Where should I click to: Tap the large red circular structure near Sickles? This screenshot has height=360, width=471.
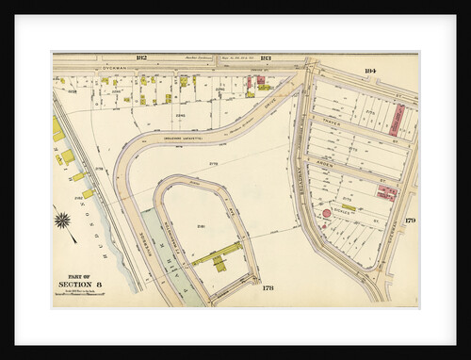[x=327, y=214]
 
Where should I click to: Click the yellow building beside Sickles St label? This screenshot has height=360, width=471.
[x=349, y=207]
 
